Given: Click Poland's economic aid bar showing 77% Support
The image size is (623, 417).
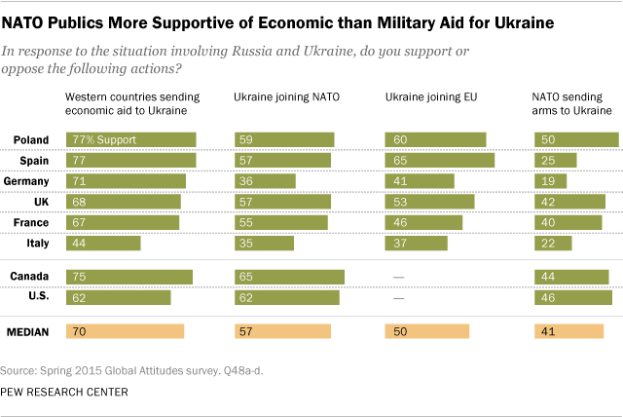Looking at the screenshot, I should (x=130, y=139).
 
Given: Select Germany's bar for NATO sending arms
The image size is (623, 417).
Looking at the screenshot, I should (x=551, y=180).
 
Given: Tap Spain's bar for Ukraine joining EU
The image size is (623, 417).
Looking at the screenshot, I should (x=440, y=160).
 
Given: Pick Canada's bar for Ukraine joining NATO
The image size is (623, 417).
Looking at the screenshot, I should (x=289, y=277).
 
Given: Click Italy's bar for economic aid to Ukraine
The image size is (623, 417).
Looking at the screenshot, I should (x=102, y=243).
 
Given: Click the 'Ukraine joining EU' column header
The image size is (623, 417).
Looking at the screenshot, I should (x=424, y=97).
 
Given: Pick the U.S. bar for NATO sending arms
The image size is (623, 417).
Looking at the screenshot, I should (x=573, y=297).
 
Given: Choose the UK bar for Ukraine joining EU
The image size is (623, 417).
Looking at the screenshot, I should (x=429, y=202).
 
